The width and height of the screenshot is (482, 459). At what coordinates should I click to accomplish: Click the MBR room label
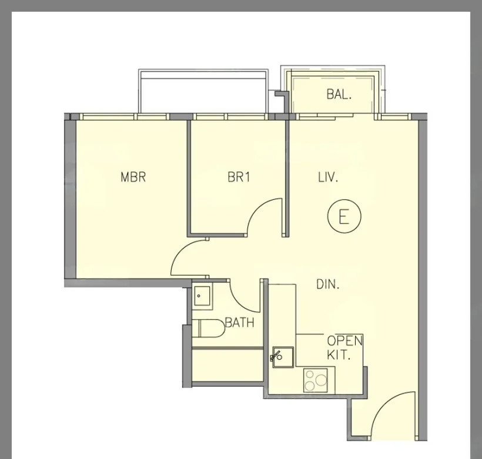coord(133,177)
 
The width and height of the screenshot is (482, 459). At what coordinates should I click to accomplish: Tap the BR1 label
coord(239,177)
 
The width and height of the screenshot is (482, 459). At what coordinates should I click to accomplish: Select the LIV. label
coord(328,177)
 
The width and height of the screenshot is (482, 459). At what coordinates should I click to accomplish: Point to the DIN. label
coord(327,284)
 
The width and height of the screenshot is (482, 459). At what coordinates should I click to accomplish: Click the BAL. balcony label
coord(339,94)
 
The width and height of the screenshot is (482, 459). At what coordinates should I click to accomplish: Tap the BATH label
coord(240,323)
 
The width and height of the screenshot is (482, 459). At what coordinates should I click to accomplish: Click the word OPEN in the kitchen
coord(344,341)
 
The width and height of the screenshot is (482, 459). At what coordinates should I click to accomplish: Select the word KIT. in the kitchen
coord(339,355)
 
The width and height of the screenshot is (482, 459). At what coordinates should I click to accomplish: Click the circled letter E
coord(344,216)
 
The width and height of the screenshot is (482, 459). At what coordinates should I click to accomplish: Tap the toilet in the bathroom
coord(209,329)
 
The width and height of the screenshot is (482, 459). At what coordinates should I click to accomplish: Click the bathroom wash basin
coord(202,296)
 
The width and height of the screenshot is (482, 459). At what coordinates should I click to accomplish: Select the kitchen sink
coord(283,357)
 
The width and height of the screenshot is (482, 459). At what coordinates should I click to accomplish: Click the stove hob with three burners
coord(316,380)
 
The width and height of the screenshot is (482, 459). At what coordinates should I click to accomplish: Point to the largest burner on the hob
coord(321,380)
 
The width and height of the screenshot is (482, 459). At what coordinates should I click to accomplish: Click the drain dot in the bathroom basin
coord(199,296)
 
